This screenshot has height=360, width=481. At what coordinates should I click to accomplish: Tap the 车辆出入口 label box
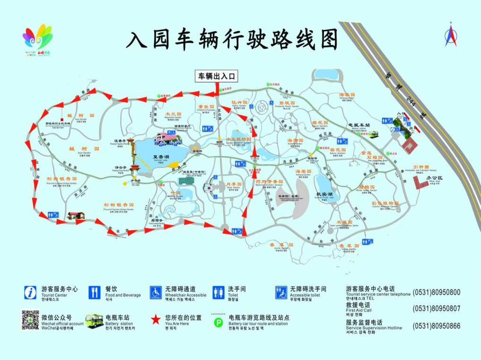tap(217, 76)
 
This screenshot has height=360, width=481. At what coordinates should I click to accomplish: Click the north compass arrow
tap(451, 36)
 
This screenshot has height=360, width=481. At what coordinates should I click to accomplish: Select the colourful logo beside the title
tap(37, 40)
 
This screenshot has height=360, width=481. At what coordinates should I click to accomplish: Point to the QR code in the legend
tap(30, 320)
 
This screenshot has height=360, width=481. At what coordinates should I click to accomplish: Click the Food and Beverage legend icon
tap(95, 292)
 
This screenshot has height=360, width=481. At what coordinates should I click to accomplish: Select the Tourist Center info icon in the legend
tap(30, 292)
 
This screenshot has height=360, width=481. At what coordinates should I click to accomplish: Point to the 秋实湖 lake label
tap(324, 194)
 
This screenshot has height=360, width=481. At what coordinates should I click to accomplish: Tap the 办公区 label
tap(432, 178)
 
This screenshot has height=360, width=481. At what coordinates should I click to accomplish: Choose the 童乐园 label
tap(206, 107)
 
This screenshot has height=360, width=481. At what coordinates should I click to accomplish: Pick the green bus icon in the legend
tap(95, 320)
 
